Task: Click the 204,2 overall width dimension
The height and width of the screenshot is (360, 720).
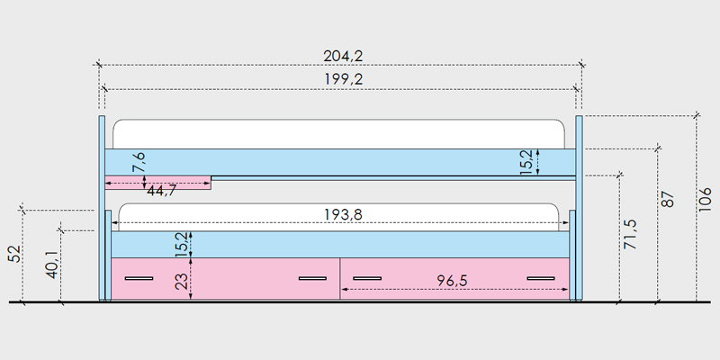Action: pos(343,56)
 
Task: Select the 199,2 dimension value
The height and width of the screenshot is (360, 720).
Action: pos(344,79)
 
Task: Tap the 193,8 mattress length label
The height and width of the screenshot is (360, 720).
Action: pos(343,214)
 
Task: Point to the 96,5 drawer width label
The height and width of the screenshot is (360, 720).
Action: pos(452,281)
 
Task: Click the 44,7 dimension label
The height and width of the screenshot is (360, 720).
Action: pos(162,191)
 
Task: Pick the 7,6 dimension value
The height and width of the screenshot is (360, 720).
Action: pos(139,162)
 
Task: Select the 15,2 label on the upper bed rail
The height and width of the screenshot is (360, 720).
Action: pos(526,162)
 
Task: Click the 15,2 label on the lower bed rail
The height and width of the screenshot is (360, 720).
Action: pos(182,244)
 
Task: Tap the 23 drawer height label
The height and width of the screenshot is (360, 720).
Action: pos(182,281)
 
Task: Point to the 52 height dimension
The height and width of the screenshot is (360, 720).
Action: pos(15,254)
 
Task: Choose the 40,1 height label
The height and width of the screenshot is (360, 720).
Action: pos(52,265)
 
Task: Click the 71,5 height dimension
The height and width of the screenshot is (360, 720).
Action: pos(630,234)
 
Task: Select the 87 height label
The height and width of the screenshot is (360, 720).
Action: pos(669,199)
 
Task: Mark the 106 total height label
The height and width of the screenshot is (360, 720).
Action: pos(705,199)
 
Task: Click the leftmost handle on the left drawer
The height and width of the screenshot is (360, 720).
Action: pos(139,278)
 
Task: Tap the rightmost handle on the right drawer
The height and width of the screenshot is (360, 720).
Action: pos(541,278)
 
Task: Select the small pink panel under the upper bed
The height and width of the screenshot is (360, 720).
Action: pos(158,183)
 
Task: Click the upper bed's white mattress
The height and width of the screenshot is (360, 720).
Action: pos(339,134)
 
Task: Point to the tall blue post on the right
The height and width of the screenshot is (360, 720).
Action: pos(579,209)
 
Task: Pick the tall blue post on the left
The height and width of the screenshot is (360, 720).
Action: pos(102,209)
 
